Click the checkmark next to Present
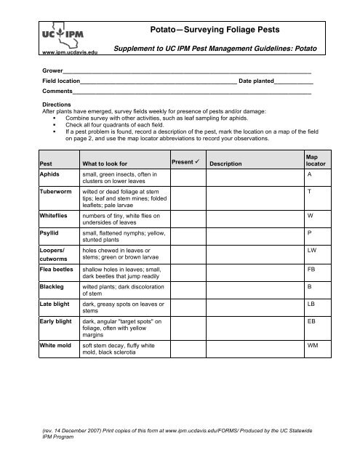200,160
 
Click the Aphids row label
51,175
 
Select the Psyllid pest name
51,235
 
